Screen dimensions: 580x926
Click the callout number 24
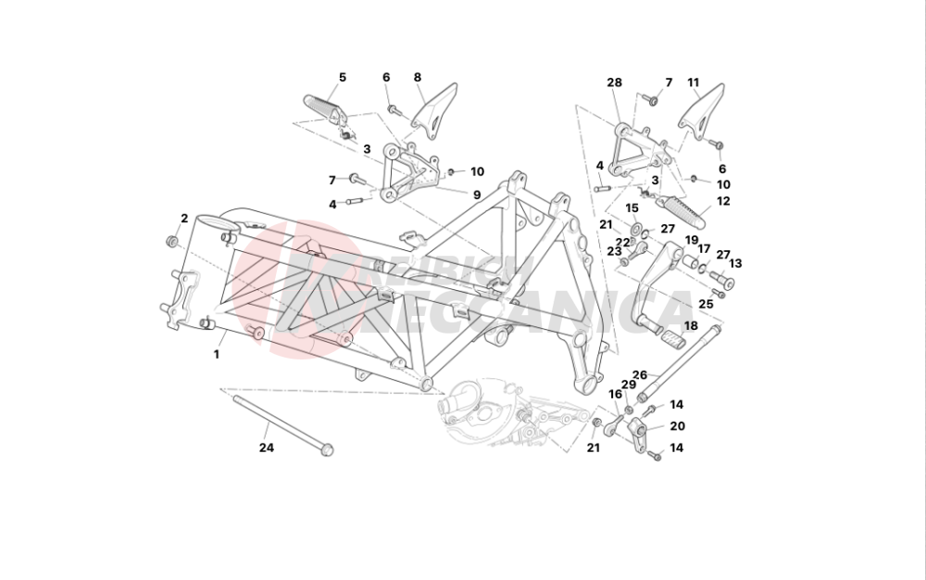(267, 448)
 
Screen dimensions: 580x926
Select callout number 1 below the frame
(217, 354)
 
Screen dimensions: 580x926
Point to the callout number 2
(184, 219)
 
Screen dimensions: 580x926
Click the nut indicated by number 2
(171, 242)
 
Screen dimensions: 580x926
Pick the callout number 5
(342, 77)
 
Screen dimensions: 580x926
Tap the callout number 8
(418, 77)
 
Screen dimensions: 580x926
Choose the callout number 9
(477, 195)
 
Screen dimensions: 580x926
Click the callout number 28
(614, 82)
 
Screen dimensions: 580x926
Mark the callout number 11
(694, 82)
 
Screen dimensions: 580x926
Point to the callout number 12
(723, 200)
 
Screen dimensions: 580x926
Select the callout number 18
(691, 326)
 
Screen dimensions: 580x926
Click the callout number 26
(639, 375)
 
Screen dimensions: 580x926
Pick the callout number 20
(677, 426)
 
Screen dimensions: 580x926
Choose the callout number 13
(735, 263)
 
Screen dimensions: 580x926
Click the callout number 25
(706, 303)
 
